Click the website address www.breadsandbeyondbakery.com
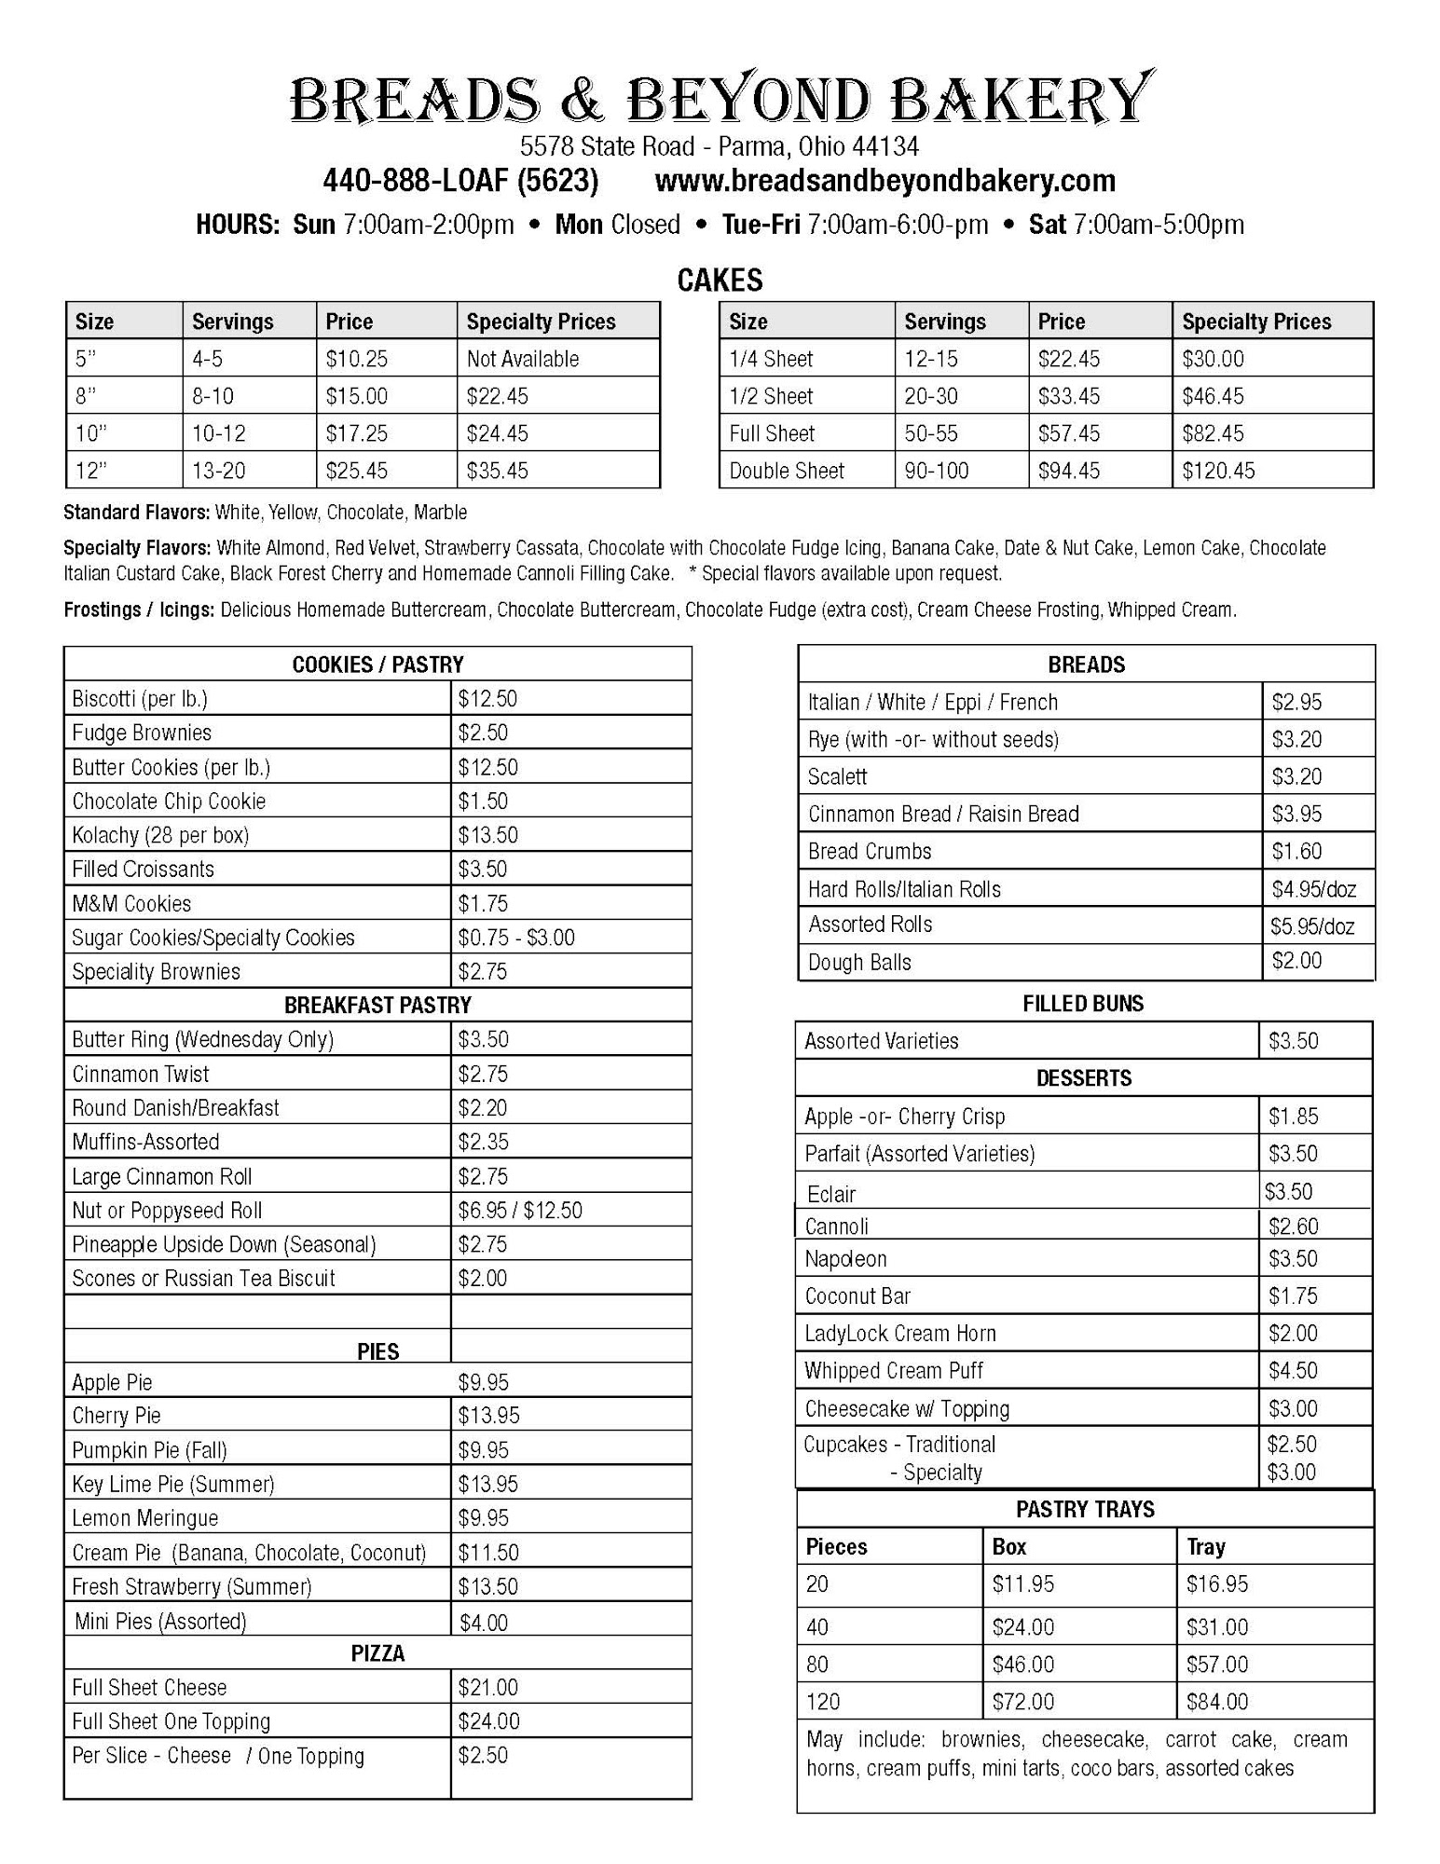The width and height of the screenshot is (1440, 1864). click(x=885, y=181)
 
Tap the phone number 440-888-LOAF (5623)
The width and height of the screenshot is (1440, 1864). click(x=460, y=181)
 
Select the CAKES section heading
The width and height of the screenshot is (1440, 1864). click(x=720, y=281)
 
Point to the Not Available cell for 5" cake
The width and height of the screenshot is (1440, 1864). click(x=522, y=359)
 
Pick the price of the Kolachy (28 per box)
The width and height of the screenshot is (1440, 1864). click(x=487, y=835)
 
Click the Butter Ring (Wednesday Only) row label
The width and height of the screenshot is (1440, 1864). click(x=202, y=1039)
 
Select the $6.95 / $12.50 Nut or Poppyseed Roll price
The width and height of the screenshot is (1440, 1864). click(x=519, y=1211)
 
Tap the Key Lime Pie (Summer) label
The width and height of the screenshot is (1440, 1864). click(x=172, y=1484)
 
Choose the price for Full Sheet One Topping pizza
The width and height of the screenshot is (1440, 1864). click(x=488, y=1721)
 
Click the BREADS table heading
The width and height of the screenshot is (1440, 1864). click(x=1086, y=665)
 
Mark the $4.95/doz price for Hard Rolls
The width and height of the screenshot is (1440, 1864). click(x=1313, y=889)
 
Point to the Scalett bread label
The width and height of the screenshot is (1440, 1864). click(x=837, y=776)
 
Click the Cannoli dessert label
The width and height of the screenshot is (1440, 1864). click(x=836, y=1227)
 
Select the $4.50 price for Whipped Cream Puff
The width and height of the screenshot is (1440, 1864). click(x=1292, y=1371)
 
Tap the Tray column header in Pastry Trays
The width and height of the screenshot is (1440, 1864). click(x=1205, y=1547)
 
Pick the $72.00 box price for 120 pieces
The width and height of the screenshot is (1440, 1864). click(x=1022, y=1702)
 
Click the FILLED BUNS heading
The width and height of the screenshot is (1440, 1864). click(x=1082, y=1004)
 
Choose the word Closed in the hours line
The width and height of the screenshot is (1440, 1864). click(x=645, y=226)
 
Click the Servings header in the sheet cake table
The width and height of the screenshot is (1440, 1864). click(x=944, y=322)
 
